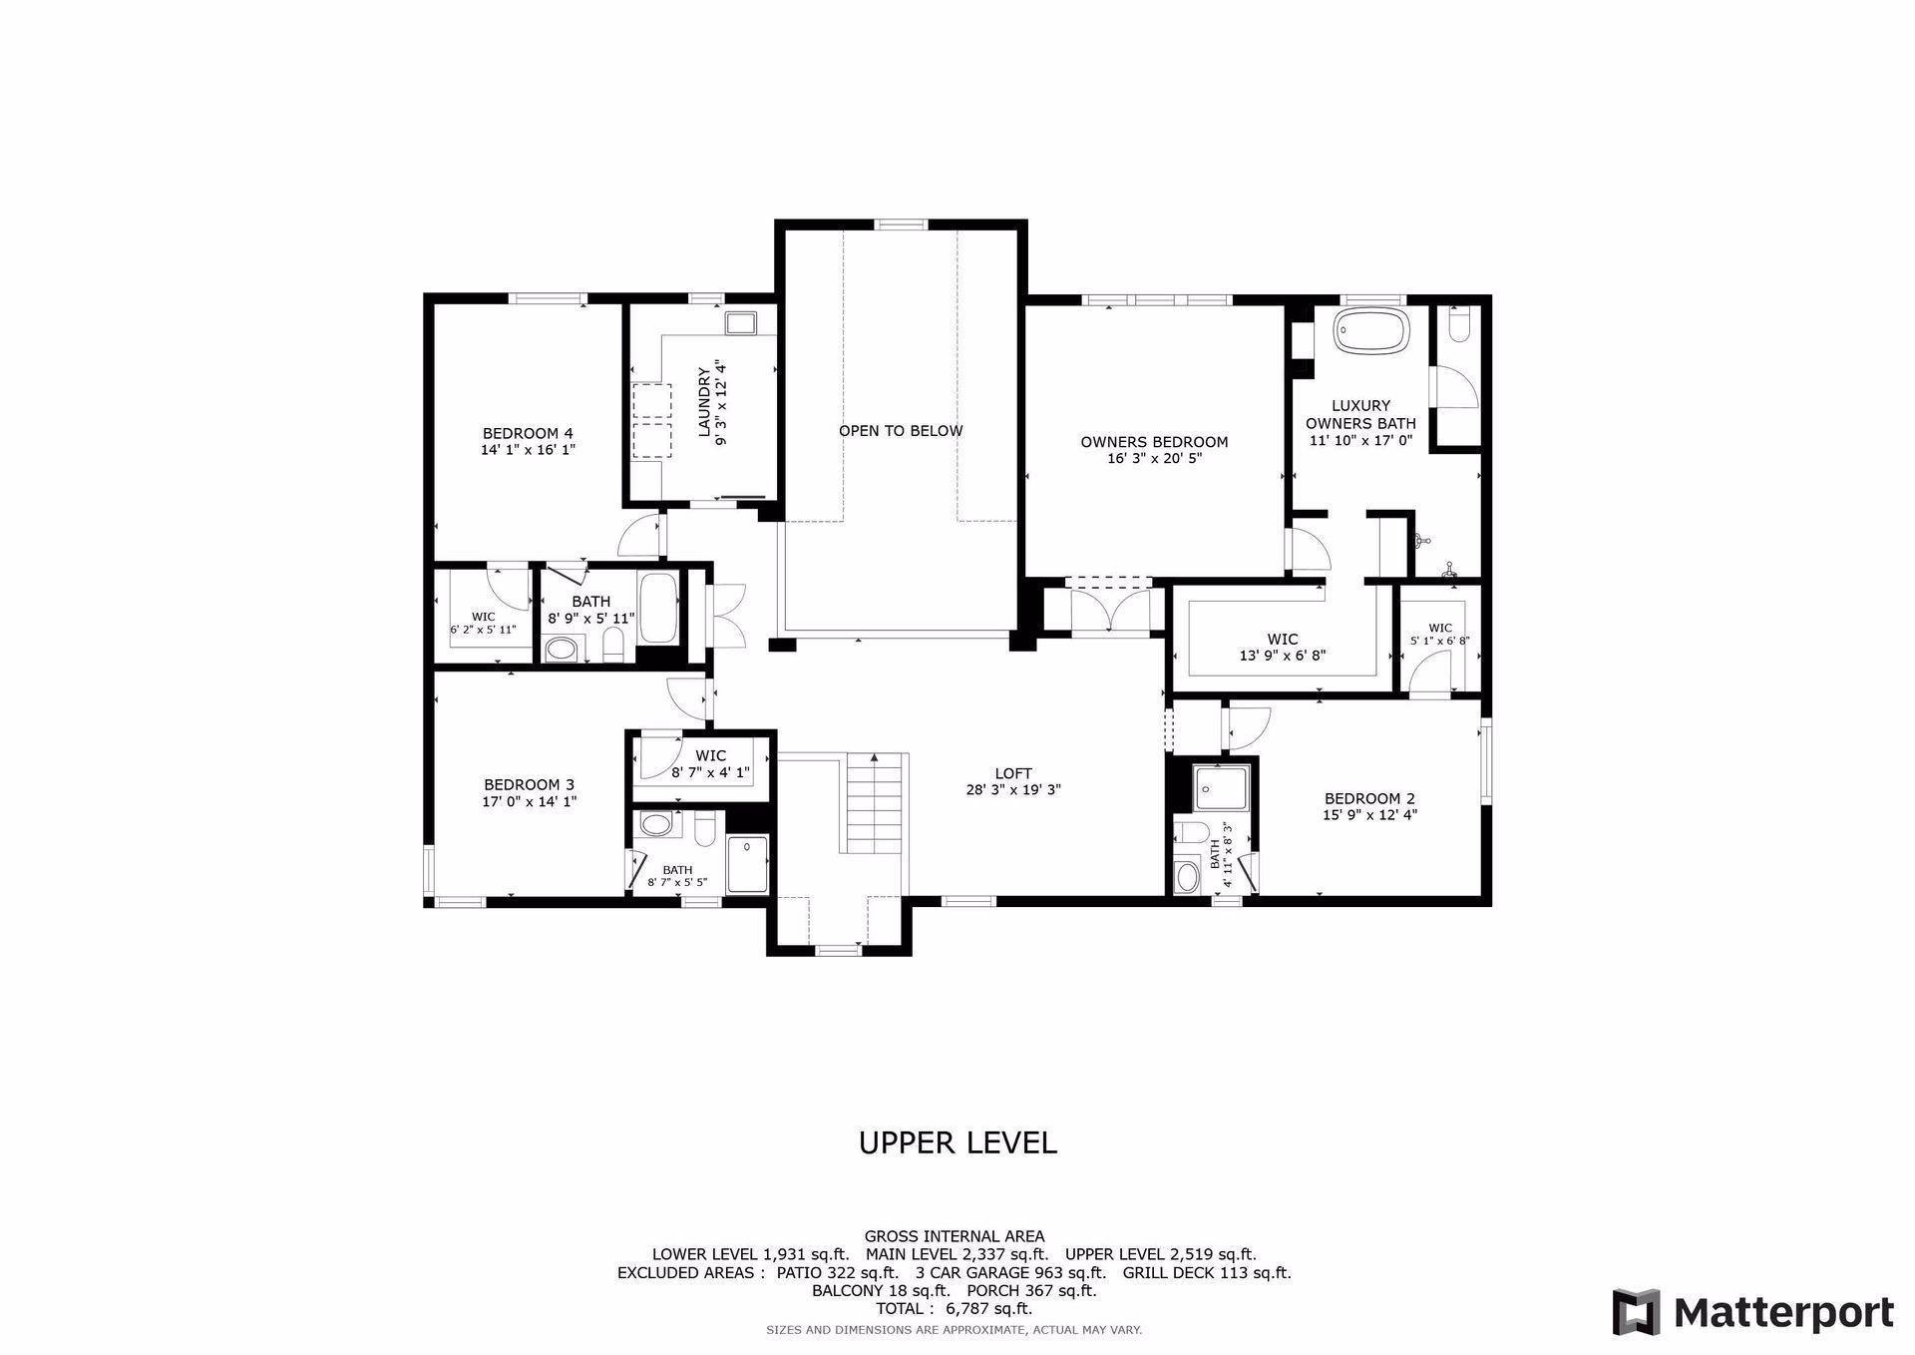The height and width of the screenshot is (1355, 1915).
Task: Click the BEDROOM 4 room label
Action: pyautogui.click(x=528, y=433)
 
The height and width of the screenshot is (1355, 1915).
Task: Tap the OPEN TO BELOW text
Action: pyautogui.click(x=901, y=431)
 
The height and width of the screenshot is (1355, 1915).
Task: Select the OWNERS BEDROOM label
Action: pyautogui.click(x=1154, y=442)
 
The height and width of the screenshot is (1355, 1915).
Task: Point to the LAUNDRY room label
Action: pyautogui.click(x=704, y=402)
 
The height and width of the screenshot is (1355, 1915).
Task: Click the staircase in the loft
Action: pyautogui.click(x=874, y=803)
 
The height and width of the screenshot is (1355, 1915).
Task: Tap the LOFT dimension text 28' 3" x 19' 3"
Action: pyautogui.click(x=1012, y=790)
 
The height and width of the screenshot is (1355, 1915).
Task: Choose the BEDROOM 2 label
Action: pyautogui.click(x=1369, y=798)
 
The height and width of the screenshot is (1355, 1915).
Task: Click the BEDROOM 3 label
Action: pyautogui.click(x=529, y=784)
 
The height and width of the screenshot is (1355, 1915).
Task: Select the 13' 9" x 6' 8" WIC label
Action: pyautogui.click(x=1282, y=656)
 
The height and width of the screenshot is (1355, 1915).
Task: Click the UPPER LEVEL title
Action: pyautogui.click(x=957, y=1142)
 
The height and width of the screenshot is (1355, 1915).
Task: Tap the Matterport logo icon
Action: pyautogui.click(x=1637, y=1312)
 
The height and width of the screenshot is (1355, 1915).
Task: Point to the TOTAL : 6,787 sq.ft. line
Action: pyautogui.click(x=954, y=1308)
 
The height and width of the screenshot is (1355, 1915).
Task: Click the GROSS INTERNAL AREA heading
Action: pyautogui.click(x=955, y=1236)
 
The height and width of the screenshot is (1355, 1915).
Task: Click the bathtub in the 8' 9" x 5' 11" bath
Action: pyautogui.click(x=658, y=608)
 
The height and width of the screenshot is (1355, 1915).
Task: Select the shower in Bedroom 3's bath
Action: pyautogui.click(x=748, y=864)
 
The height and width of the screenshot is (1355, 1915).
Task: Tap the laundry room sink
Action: pyautogui.click(x=741, y=322)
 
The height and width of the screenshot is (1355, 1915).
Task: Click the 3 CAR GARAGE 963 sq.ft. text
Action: pyautogui.click(x=1010, y=1272)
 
